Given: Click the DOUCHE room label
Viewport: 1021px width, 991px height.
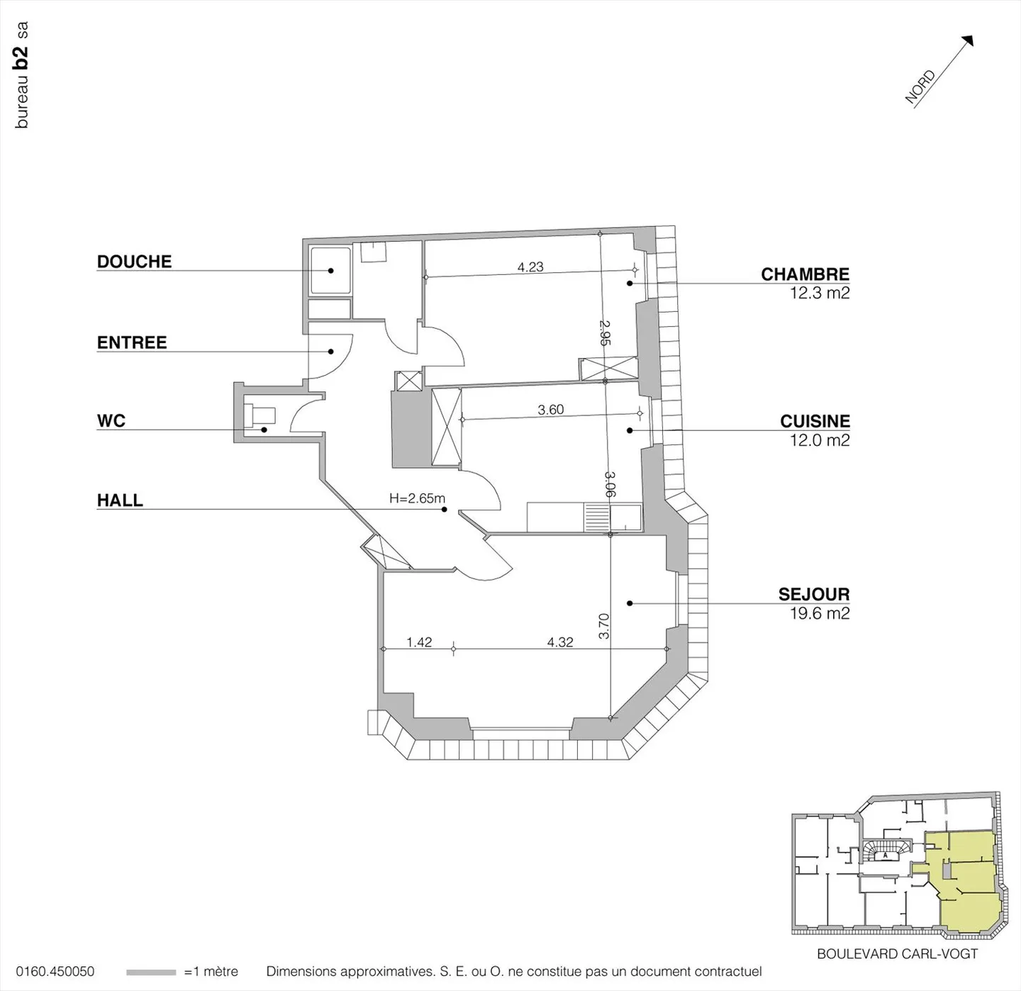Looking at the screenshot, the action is click(x=134, y=262).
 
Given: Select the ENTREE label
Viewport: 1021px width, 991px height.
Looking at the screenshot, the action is click(x=132, y=342).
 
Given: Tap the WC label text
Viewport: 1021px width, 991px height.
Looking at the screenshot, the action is click(x=111, y=421).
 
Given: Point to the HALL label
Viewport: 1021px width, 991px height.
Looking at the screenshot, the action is click(x=120, y=500).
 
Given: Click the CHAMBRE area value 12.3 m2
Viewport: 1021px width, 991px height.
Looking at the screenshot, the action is click(x=820, y=293).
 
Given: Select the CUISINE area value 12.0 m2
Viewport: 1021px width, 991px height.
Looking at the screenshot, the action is click(x=820, y=439).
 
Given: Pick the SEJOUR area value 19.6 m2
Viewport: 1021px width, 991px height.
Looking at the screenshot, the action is click(x=820, y=612).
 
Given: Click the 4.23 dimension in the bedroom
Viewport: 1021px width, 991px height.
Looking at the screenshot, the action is click(x=530, y=267).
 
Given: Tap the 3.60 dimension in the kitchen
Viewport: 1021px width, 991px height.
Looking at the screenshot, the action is click(x=550, y=410).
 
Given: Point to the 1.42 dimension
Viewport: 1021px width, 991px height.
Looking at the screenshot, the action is click(x=419, y=642).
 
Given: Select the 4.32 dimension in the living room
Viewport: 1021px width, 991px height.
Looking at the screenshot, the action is click(x=560, y=642).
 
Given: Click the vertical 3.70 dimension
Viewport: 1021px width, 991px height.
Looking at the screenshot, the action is click(x=604, y=626).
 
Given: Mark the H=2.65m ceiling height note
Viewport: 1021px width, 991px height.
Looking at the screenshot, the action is click(x=417, y=498).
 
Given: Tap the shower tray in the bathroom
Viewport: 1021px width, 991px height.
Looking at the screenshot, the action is click(x=330, y=271).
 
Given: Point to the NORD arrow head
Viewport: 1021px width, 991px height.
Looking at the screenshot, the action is click(x=968, y=41).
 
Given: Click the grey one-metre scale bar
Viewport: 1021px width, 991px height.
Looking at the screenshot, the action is click(x=151, y=972).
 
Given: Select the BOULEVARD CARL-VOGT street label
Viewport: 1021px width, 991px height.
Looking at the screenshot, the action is click(x=897, y=953).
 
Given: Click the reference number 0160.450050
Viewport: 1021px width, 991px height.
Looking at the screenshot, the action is click(x=55, y=972).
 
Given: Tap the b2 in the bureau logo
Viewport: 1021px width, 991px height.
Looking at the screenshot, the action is click(x=21, y=57).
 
